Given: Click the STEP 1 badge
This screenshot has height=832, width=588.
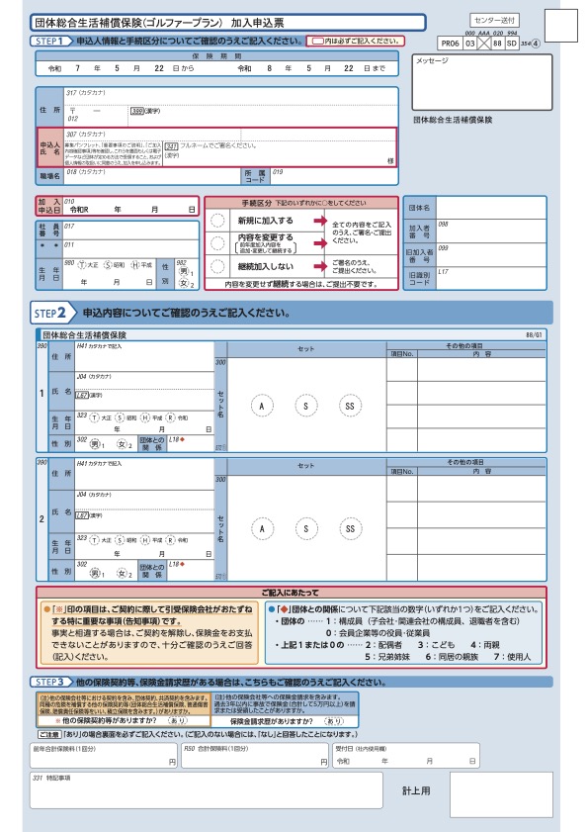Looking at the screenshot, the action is (50, 42).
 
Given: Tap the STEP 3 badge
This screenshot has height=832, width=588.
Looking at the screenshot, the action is (53, 682).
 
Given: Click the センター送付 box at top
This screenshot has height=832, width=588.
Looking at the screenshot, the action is (493, 19).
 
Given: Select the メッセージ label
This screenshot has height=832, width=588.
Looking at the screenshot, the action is (433, 61).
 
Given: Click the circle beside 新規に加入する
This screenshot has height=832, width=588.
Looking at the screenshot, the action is (217, 221).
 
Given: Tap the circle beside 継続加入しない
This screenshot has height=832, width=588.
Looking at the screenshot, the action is (217, 266).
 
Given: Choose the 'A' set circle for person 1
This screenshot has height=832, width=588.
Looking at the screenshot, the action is (262, 407).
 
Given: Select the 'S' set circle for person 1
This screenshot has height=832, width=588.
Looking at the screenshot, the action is (305, 407).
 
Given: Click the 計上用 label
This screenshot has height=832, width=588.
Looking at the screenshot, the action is (417, 791).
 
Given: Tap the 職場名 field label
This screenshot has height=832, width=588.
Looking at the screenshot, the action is (49, 174).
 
